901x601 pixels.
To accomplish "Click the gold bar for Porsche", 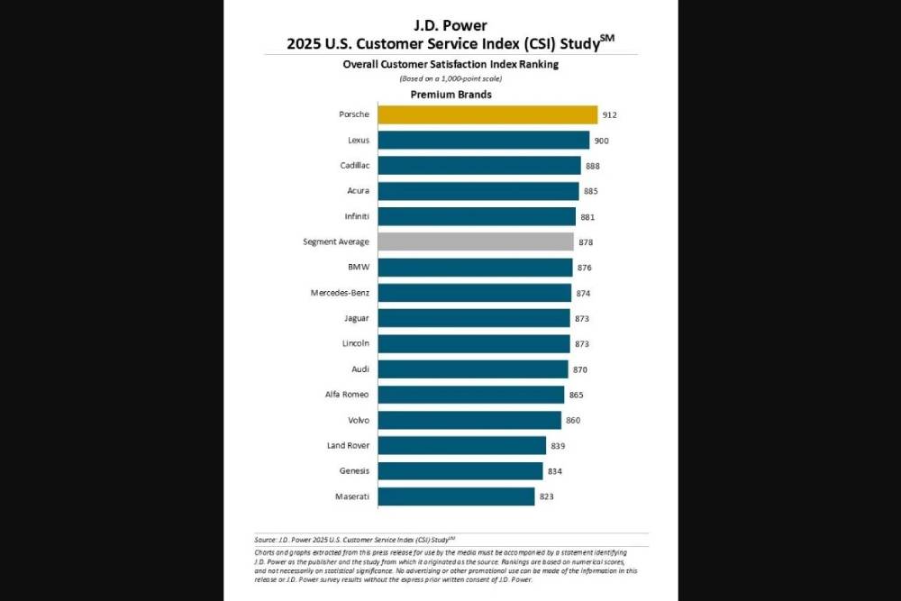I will pos(487,114).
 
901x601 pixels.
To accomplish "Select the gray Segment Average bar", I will pos(476,241).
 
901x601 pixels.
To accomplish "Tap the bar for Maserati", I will pos(456,496).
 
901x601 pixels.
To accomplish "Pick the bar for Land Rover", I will pos(461,445).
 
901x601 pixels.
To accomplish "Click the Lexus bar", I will pos(483,140).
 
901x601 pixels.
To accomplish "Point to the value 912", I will pos(610,115).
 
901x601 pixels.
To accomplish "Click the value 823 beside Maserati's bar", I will pos(547,496).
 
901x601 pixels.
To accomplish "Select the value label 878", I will pos(586,242).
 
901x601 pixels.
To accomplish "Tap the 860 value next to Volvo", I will pos(573,421).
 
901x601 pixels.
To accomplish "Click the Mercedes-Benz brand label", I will pos(339,293).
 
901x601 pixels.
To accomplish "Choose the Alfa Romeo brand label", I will pos(347,395).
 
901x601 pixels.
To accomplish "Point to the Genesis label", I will pos(352,471).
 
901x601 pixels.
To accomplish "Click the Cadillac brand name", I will pos(351,166).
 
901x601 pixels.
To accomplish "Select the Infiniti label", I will pos(353,216).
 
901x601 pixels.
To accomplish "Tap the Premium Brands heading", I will pos(450,95).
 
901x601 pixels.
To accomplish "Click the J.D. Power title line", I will pos(450,25).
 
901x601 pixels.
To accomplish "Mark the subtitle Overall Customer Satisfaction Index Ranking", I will pos(450,65).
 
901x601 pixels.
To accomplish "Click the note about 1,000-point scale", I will pos(450,79).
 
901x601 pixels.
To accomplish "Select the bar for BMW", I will pos(475,267).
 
